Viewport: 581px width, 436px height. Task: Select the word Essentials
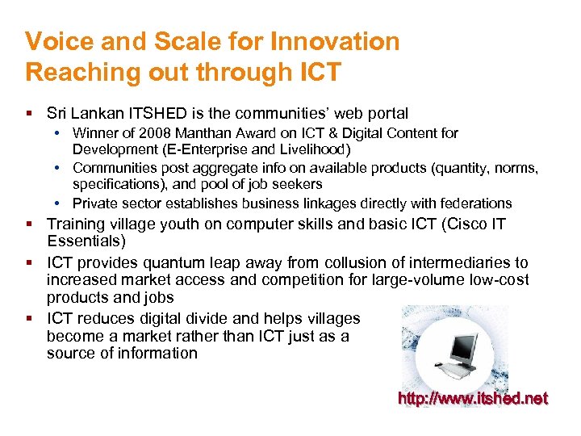pyautogui.click(x=83, y=241)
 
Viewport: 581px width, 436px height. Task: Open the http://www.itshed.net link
pyautogui.click(x=473, y=398)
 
